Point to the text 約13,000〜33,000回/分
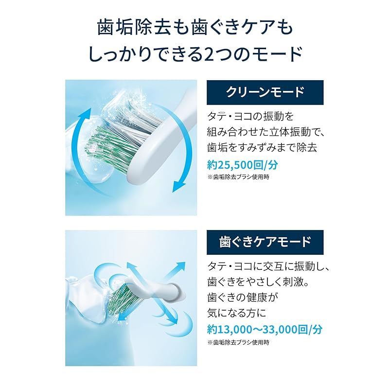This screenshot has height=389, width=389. coord(265,329)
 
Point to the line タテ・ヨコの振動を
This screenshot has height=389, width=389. coord(251,116)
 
